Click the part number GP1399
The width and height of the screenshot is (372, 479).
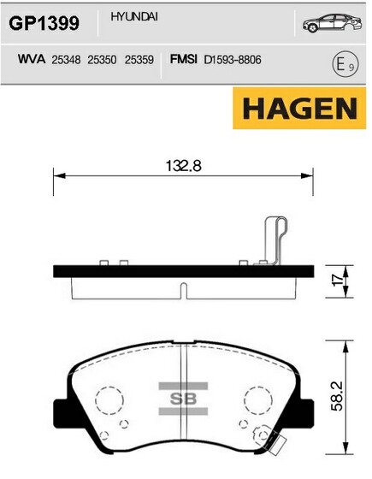pyautogui.click(x=44, y=23)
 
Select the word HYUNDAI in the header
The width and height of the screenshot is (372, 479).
pyautogui.click(x=134, y=17)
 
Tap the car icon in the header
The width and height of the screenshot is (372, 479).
pyautogui.click(x=333, y=23)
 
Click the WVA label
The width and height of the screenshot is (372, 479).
pyautogui.click(x=32, y=59)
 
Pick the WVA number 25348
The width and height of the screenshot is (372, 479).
pyautogui.click(x=66, y=60)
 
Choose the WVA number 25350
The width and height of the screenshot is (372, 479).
pyautogui.click(x=102, y=60)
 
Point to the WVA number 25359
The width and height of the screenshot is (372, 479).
pyautogui.click(x=139, y=60)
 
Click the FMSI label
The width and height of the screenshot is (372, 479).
pyautogui.click(x=184, y=59)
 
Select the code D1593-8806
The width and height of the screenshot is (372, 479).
pyautogui.click(x=233, y=60)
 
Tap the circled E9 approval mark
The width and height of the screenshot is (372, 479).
pyautogui.click(x=345, y=65)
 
